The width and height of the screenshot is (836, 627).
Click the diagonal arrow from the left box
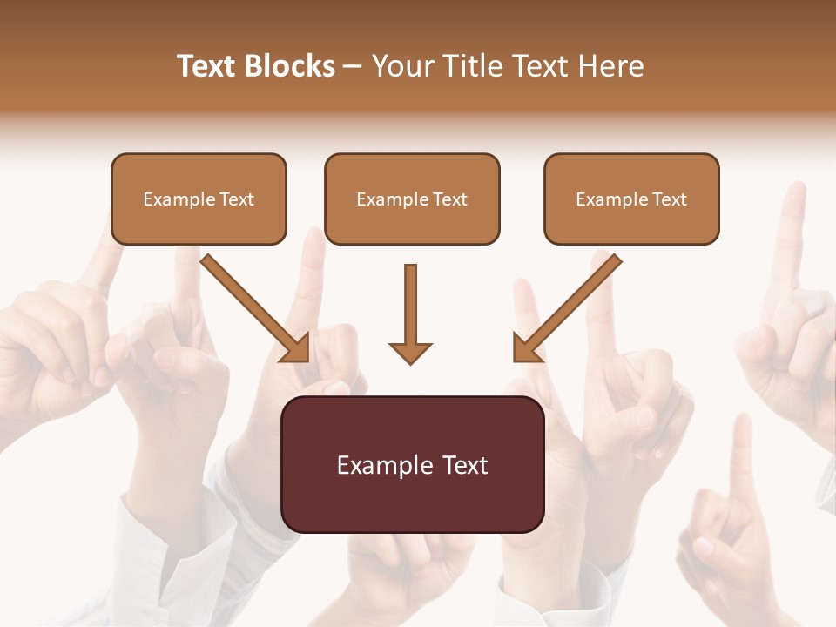(x=253, y=305)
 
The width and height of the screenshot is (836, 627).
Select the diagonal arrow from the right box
(x=570, y=305)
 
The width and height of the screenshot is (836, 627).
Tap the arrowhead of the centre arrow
(x=410, y=353)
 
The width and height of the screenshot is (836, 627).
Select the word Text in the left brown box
(x=237, y=199)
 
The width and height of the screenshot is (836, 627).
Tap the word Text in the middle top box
(x=450, y=199)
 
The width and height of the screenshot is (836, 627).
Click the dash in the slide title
(x=353, y=66)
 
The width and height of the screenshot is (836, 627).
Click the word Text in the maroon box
(x=465, y=465)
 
